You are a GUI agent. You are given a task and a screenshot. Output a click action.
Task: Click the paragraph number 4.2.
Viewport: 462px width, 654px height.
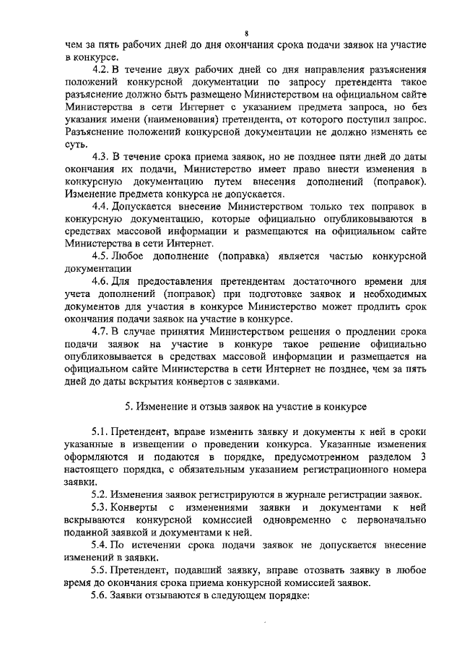coord(100,70)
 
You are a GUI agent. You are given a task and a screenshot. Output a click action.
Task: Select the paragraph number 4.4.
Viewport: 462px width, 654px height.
coord(100,206)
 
